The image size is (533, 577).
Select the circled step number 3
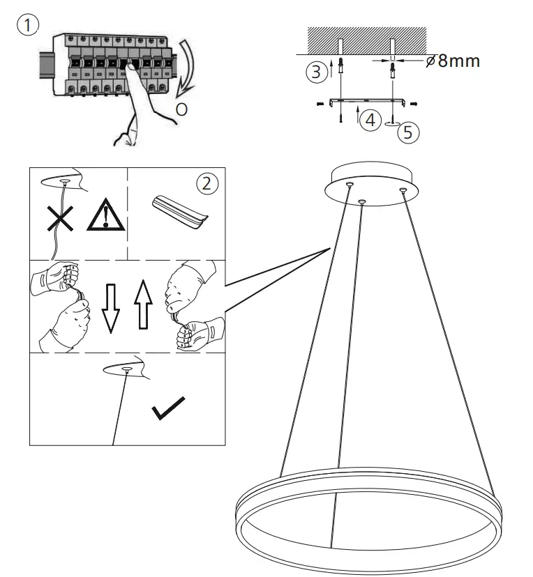[317, 70]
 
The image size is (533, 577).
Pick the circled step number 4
[370, 120]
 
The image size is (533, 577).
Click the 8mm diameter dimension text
[453, 61]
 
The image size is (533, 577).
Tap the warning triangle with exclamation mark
[105, 216]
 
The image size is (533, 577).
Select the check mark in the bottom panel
[168, 408]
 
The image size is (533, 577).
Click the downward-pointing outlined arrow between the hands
[110, 307]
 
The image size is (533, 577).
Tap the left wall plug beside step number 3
[340, 68]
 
